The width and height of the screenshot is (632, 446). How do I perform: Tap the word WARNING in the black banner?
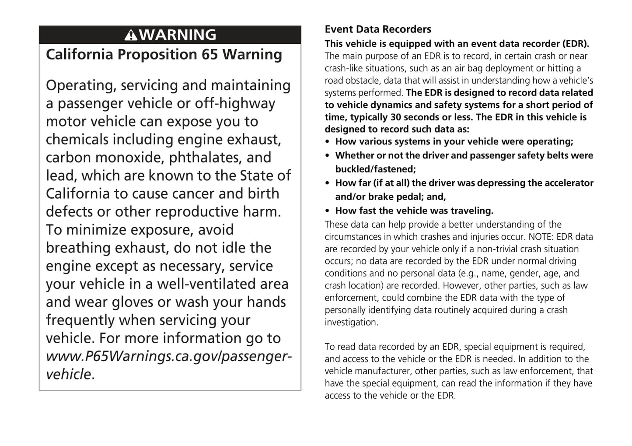tap(178, 35)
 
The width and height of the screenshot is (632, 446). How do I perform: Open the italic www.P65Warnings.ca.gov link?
tap(168, 356)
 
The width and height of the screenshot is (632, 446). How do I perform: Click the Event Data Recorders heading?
tap(378, 29)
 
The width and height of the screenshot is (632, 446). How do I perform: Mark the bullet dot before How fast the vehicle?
tap(328, 211)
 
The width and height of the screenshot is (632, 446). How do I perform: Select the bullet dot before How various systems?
tap(328, 142)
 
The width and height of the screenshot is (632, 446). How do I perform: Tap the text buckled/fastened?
tap(376, 169)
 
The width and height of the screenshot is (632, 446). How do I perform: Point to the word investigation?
tap(351, 323)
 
